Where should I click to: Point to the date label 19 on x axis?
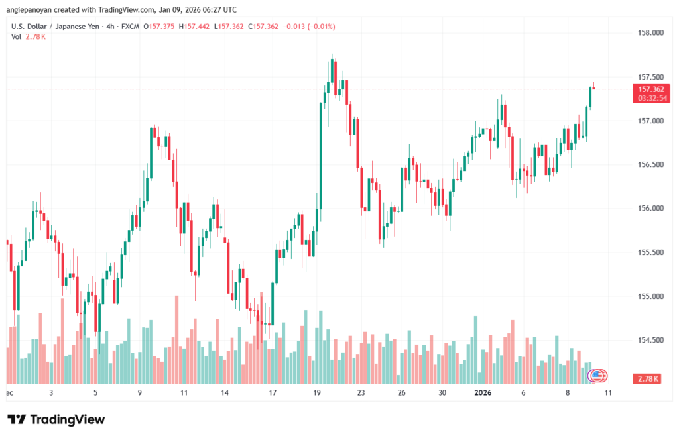317,392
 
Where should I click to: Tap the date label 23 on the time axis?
360,392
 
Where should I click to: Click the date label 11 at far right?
609,392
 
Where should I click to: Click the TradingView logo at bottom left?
56,419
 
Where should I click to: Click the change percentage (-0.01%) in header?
320,27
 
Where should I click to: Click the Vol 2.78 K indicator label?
29,36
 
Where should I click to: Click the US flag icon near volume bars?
596,375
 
